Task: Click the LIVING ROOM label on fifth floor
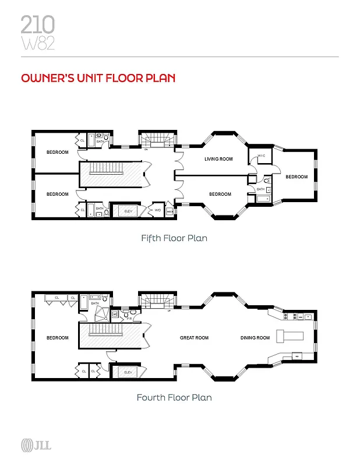click(218, 159)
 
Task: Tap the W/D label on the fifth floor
click(157, 211)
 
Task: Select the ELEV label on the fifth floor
click(128, 211)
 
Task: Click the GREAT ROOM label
click(194, 338)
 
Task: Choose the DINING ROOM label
click(255, 338)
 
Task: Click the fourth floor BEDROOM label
click(57, 338)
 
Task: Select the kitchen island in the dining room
click(290, 336)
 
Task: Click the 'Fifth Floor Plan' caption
click(174, 238)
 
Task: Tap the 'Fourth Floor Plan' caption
click(174, 398)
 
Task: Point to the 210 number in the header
click(38, 24)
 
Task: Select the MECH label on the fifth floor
click(170, 212)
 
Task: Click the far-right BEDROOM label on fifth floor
click(296, 177)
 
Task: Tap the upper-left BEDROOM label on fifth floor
click(57, 153)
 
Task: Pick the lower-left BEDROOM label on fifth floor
click(57, 194)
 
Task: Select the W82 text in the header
click(38, 44)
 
